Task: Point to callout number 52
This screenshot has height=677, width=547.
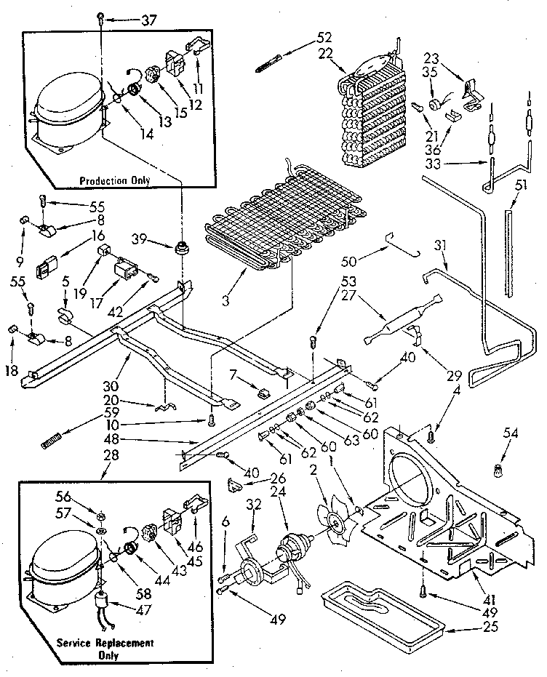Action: click(324, 39)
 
